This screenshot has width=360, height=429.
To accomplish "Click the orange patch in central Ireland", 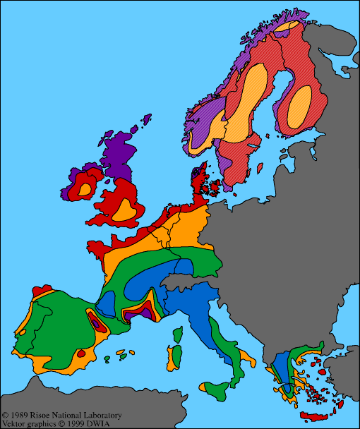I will point(85,189).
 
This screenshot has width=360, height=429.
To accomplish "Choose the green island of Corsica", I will point(179,332).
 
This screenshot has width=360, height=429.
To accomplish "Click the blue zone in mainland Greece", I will point(282,367).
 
